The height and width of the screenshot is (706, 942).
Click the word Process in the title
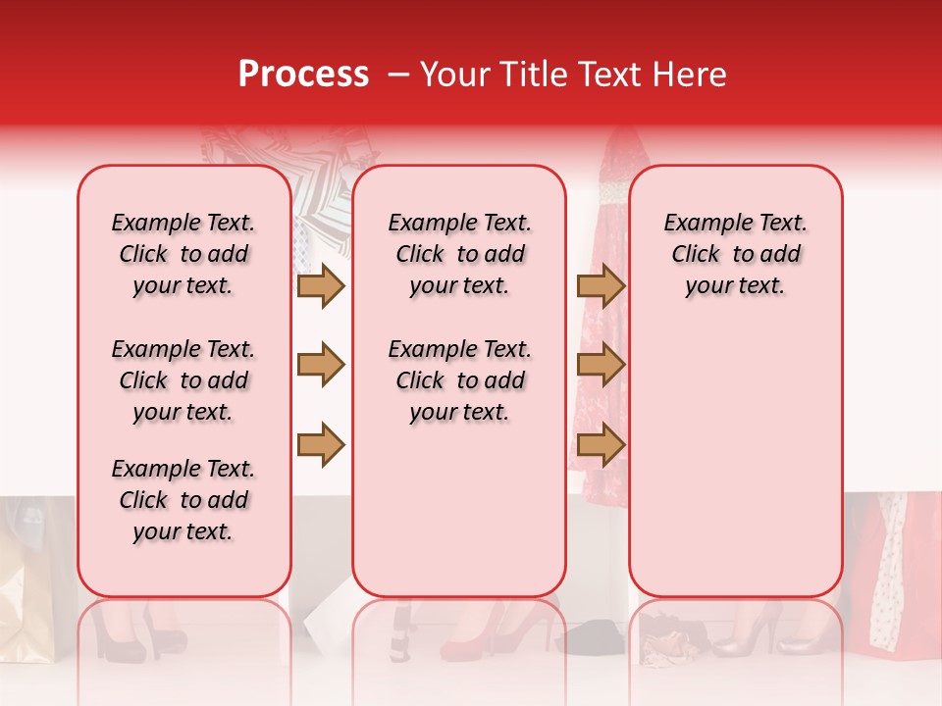pos(303,75)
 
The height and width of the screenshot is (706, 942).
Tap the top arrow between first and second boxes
pos(321,286)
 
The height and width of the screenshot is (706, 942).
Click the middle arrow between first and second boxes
pos(321,366)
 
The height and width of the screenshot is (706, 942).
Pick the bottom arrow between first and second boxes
pos(321,444)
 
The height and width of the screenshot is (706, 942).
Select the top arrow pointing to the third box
pos(601,286)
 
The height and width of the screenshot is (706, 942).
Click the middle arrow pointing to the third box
pos(601,366)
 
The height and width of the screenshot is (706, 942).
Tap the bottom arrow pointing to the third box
pos(601,444)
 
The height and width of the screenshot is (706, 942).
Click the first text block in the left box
pos(183,254)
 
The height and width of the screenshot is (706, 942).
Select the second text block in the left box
pos(183,380)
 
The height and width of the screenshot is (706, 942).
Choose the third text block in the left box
pos(183,500)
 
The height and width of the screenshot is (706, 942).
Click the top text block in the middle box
pos(460,254)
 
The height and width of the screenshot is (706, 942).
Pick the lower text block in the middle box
pos(460,380)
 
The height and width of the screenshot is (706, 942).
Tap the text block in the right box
pos(736,254)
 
